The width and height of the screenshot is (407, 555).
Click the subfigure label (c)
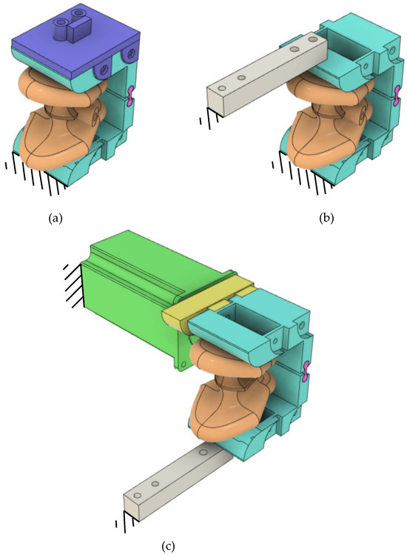tap(168, 546)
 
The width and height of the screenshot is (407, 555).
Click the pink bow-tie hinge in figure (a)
tap(132, 93)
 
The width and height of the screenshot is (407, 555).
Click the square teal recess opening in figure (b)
tap(349, 50)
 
